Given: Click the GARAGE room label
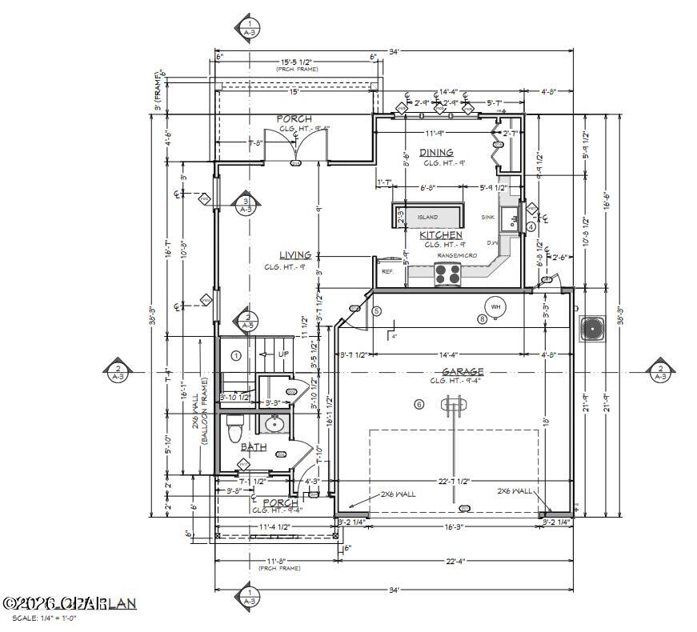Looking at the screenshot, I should tap(463, 371).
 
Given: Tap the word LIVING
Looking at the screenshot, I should tap(294, 255).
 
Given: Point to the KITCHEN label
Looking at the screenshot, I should tap(442, 234).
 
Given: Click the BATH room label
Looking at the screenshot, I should tap(254, 447).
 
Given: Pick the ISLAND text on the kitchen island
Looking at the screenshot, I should tap(428, 217).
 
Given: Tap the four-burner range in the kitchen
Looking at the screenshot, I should tap(448, 275).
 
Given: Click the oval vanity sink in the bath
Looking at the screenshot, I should tap(274, 424).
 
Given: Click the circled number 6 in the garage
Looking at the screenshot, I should tap(419, 405).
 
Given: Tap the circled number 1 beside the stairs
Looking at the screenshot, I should tap(236, 354).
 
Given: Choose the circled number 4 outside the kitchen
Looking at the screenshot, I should tap(531, 226).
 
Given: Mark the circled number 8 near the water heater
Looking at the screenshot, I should tap(482, 319).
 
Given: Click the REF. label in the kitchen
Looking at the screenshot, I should tap(388, 272).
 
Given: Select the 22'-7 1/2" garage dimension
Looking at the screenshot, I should tap(454, 481).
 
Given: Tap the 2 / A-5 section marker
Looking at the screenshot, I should tap(248, 321).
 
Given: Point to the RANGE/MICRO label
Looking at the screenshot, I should tap(456, 254).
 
